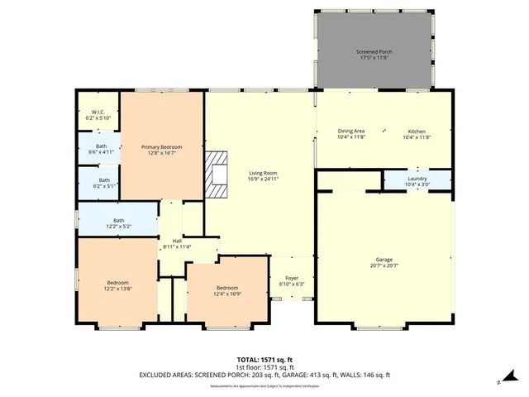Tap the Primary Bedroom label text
(x=162, y=146)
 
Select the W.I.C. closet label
(x=97, y=113)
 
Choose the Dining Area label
(x=351, y=131)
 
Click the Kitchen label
(x=417, y=131)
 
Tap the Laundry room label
(x=417, y=179)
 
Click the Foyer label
(x=291, y=278)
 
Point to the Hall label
(x=176, y=241)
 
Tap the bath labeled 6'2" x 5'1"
(x=104, y=184)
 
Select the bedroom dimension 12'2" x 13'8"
(x=117, y=289)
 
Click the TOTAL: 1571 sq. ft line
(x=264, y=360)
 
